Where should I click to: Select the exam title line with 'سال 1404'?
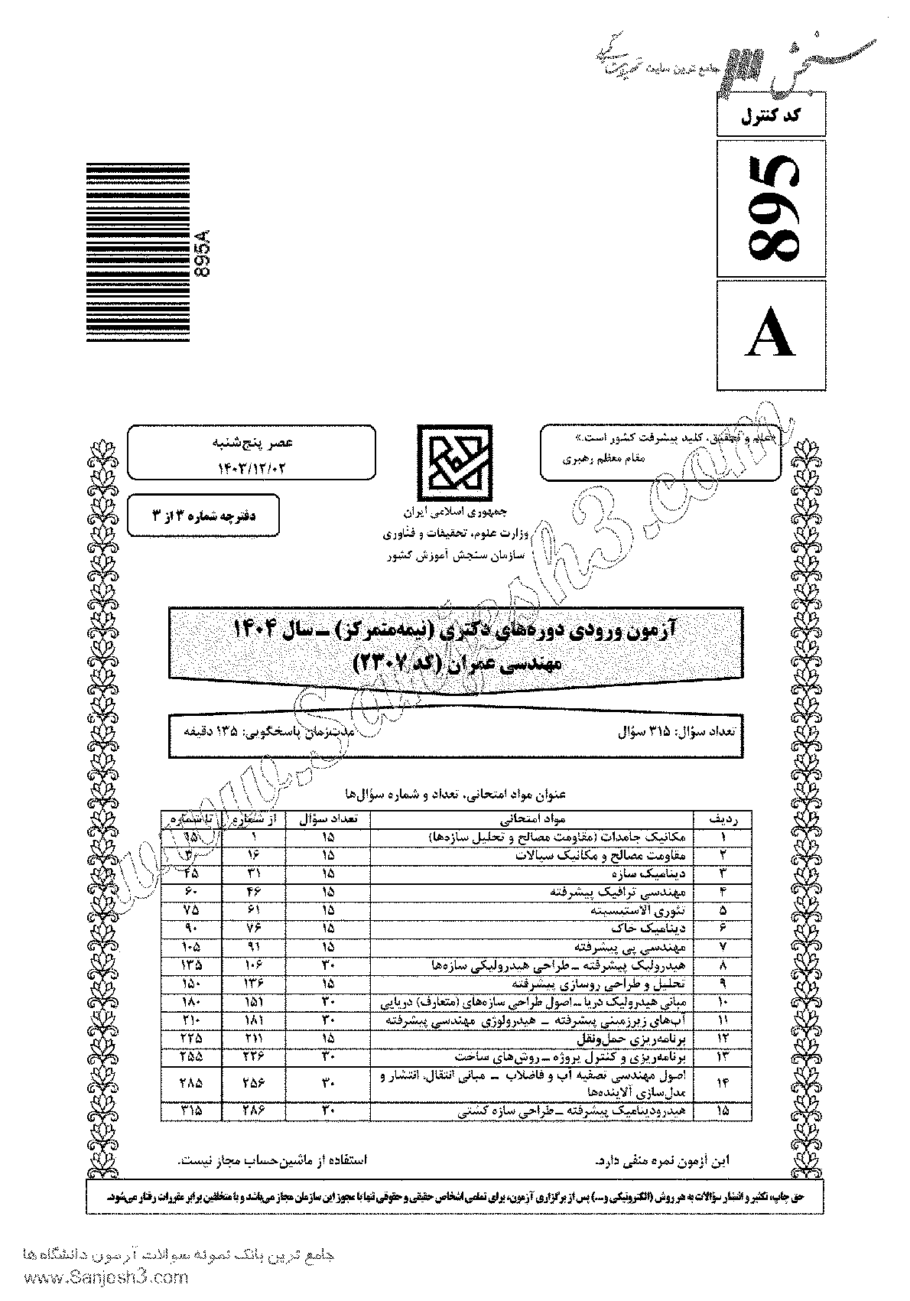point(457,632)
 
